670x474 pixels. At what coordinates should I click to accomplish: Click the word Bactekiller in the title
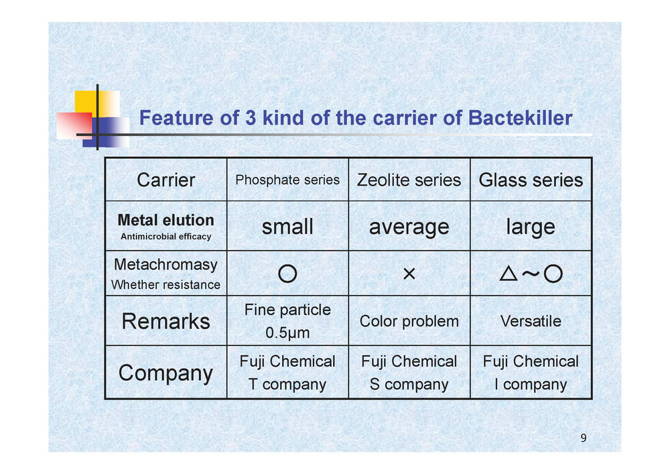520,117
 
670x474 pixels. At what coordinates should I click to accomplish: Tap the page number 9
584,438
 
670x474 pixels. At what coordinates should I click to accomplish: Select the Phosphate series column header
287,180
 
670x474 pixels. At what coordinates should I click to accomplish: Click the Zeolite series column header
409,180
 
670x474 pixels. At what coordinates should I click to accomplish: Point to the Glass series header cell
531,180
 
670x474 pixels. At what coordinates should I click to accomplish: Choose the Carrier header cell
165,180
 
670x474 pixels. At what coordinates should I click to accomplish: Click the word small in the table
287,226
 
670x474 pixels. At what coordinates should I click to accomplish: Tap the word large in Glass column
531,227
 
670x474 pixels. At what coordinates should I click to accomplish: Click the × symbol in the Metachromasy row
409,274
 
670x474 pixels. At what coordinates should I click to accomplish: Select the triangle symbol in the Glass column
509,273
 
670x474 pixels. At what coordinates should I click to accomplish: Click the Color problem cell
409,321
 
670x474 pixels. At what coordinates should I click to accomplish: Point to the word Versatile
531,321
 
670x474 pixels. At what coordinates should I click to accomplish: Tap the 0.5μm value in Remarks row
287,333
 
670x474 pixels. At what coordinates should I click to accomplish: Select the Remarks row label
165,321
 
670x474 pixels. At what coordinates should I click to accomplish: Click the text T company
287,384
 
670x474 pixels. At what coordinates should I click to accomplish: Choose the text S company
409,384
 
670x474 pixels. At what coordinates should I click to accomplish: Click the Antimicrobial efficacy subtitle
165,237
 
